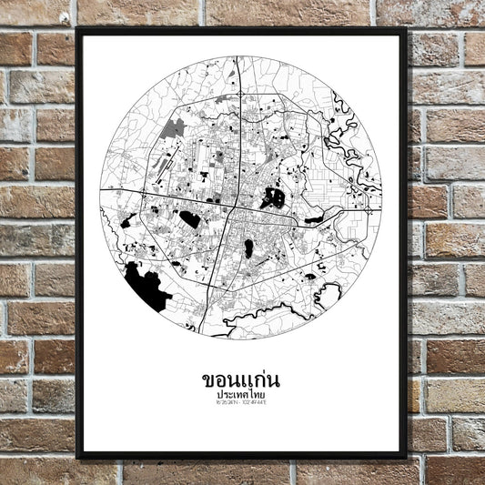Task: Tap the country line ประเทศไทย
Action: [x=241, y=397]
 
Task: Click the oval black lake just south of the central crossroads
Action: [x=248, y=248]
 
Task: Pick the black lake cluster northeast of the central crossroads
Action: [x=273, y=197]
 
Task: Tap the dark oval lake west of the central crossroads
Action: [x=189, y=218]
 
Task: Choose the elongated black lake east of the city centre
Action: [x=314, y=219]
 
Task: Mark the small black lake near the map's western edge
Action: [x=128, y=219]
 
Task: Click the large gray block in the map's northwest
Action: [x=173, y=127]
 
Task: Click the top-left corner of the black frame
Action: [x=78, y=29]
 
